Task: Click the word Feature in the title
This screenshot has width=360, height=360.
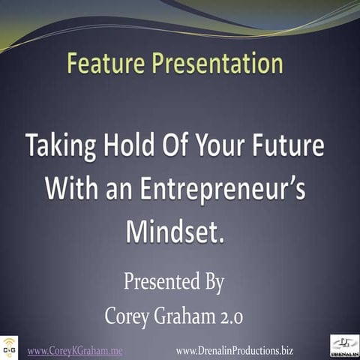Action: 105,64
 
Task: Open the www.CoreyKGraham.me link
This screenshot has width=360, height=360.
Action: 74,350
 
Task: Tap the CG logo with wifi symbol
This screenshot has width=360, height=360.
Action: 9,346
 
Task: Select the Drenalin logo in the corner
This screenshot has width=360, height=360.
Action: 344,345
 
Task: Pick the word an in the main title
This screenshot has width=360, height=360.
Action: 119,187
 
